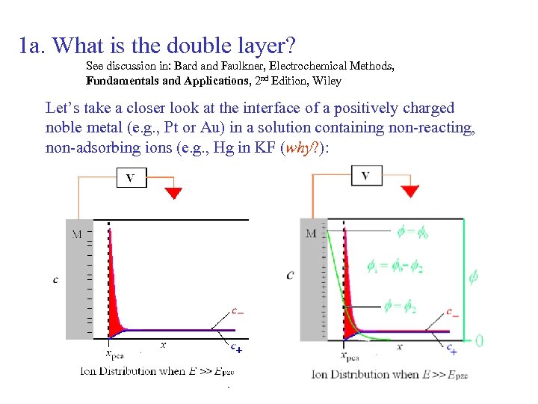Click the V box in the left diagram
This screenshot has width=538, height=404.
pos(130,178)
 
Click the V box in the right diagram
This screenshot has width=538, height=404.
pos(365,176)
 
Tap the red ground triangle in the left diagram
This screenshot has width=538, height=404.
pos(173,193)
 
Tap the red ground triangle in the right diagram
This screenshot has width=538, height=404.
pos(409,192)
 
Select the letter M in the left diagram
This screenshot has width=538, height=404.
pos(77,234)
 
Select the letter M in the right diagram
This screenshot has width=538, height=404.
pos(311,233)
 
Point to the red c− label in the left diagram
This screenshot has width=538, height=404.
pos(237,310)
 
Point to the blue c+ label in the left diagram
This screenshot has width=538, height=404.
pos(235,348)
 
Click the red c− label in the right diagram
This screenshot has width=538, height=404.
pos(452,310)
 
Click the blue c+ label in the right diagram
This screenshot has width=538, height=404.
pos(452,349)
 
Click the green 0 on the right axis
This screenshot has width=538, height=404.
pos(479,340)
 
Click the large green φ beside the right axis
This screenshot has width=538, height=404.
pos(473,278)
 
